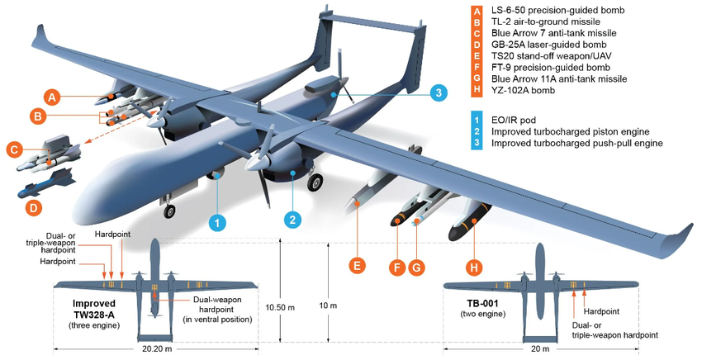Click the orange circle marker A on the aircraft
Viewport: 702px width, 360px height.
(52, 97)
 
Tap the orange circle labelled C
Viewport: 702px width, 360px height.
(13, 150)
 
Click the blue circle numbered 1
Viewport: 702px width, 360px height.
(216, 222)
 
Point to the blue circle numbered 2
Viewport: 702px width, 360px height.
(292, 219)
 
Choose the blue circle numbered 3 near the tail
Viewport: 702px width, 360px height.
(439, 92)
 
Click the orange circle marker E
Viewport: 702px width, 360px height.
(357, 265)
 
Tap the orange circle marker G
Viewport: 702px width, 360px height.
(417, 267)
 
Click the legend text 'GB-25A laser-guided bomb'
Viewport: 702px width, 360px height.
(548, 44)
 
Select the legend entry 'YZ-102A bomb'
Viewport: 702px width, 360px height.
(522, 90)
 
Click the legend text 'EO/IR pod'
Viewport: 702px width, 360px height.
(515, 119)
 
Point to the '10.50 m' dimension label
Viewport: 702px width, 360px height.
(281, 306)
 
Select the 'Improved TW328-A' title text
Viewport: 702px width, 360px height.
(95, 307)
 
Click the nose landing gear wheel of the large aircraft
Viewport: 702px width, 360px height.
(170, 211)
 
